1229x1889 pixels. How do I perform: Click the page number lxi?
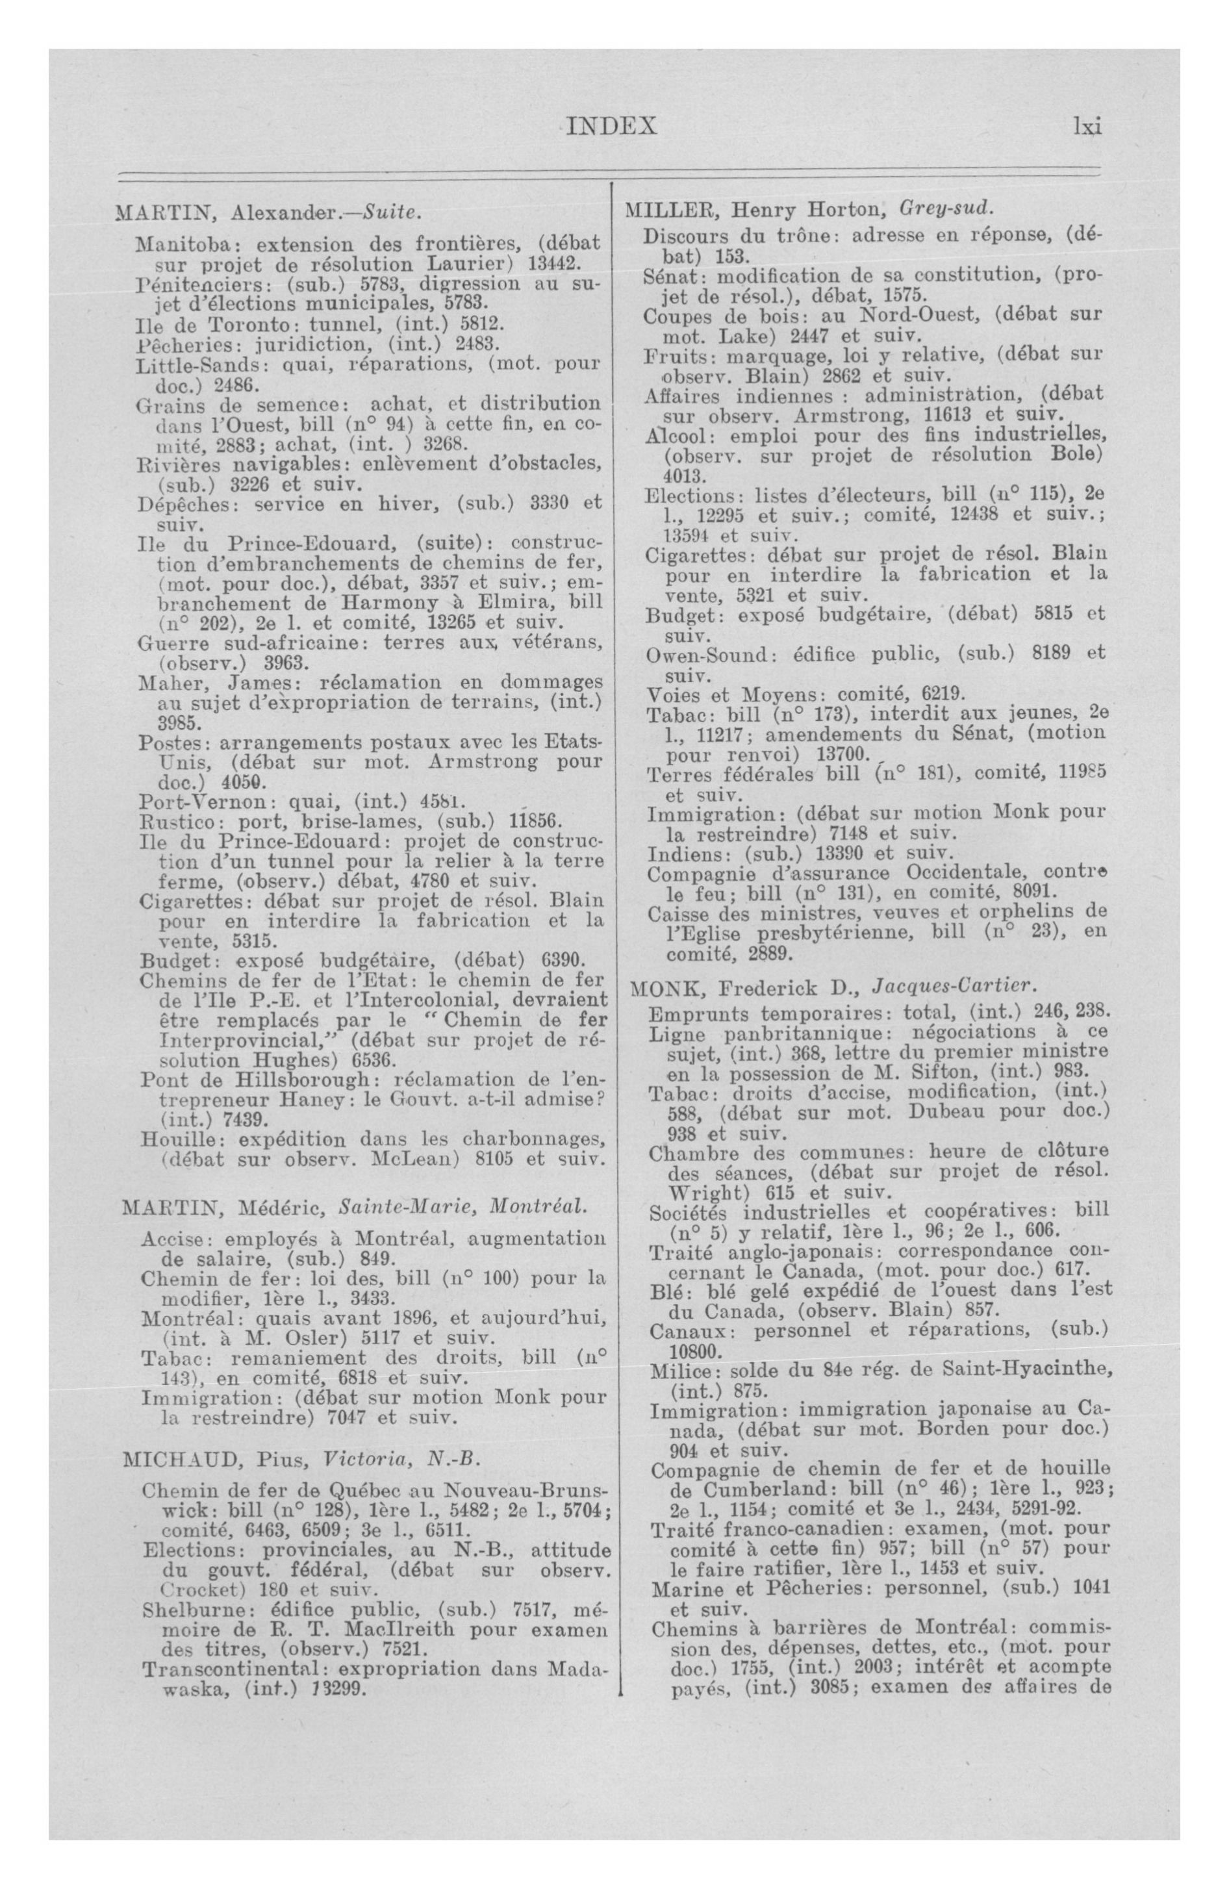tap(1087, 126)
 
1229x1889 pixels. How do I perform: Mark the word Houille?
tap(169, 1139)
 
